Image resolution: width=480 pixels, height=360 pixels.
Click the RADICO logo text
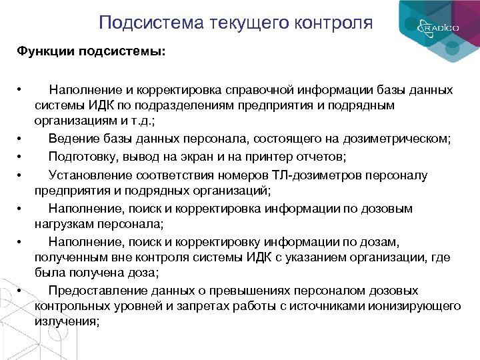coord(436,29)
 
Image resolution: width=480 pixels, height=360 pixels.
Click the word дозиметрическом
coord(396,139)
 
